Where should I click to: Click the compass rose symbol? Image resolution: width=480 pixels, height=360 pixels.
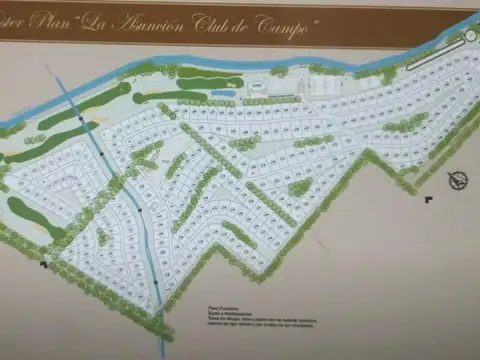[459, 180]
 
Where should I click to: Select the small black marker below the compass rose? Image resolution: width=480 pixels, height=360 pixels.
[429, 199]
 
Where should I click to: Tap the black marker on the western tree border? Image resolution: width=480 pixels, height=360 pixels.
[43, 265]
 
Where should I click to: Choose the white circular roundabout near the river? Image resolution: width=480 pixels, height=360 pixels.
[469, 35]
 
